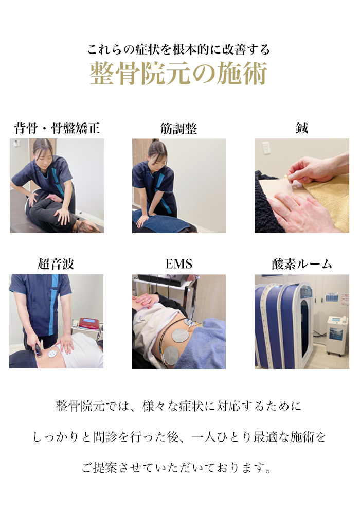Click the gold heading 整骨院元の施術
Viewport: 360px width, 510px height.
[x=178, y=74]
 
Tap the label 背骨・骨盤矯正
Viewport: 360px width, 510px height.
[x=57, y=128]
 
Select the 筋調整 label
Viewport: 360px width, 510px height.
[x=178, y=129]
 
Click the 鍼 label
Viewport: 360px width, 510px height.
[x=302, y=128]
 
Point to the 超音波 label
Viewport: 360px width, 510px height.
[x=56, y=264]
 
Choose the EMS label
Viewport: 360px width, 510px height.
[x=178, y=264]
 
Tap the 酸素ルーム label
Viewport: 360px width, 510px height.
[x=302, y=264]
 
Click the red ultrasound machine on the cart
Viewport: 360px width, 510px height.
[x=88, y=323]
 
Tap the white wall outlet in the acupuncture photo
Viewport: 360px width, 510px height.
[x=266, y=148]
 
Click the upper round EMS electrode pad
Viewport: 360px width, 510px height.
[x=181, y=335]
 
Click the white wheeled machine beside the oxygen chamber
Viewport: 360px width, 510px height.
[x=337, y=336]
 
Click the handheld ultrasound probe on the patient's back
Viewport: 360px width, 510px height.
[x=39, y=350]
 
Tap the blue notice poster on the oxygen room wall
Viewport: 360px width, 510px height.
[x=332, y=296]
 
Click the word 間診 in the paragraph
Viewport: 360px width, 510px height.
[x=105, y=436]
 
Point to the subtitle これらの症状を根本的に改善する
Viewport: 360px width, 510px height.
[x=178, y=49]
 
